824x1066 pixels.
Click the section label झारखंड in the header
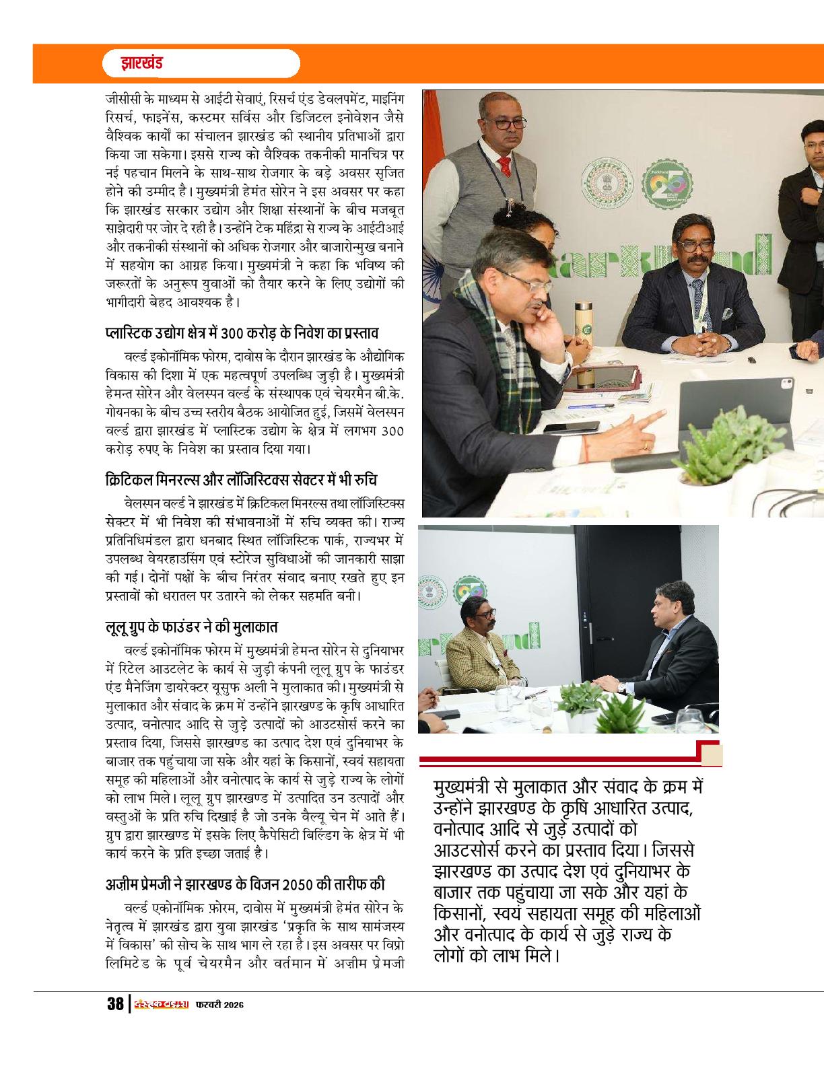[141, 65]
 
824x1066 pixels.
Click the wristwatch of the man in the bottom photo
[621, 688]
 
